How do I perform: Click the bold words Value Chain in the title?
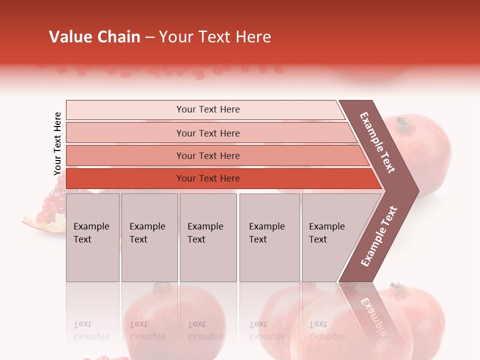[x=94, y=37]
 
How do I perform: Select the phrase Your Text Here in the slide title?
[x=215, y=37]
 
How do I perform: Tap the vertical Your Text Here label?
[x=58, y=143]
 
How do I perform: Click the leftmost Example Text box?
[x=92, y=237]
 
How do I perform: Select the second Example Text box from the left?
[x=149, y=237]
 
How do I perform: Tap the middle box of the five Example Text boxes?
[x=208, y=237]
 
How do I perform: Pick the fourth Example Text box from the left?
[x=269, y=237]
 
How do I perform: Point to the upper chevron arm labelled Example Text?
[x=378, y=142]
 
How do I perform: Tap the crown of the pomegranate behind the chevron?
[x=402, y=122]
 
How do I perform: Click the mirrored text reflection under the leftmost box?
[x=91, y=331]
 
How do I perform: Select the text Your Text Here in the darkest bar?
[x=208, y=178]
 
